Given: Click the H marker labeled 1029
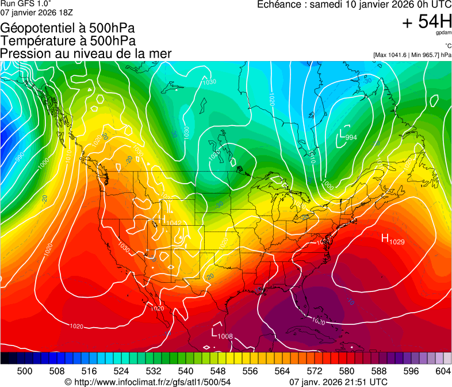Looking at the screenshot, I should point(385,238).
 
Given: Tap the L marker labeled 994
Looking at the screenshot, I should point(343,135).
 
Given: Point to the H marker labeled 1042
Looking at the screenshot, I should point(166,220).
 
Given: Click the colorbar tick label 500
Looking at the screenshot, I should point(25,371).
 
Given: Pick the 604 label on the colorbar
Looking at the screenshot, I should point(443,371).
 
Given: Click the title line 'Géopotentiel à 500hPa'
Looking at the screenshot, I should point(68,28).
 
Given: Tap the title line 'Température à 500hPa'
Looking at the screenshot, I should point(68,41).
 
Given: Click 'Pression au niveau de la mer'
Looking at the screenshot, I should point(86,54).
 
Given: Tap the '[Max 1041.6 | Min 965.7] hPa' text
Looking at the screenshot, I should point(412,55).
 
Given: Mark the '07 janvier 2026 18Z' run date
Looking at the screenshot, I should point(36,13).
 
